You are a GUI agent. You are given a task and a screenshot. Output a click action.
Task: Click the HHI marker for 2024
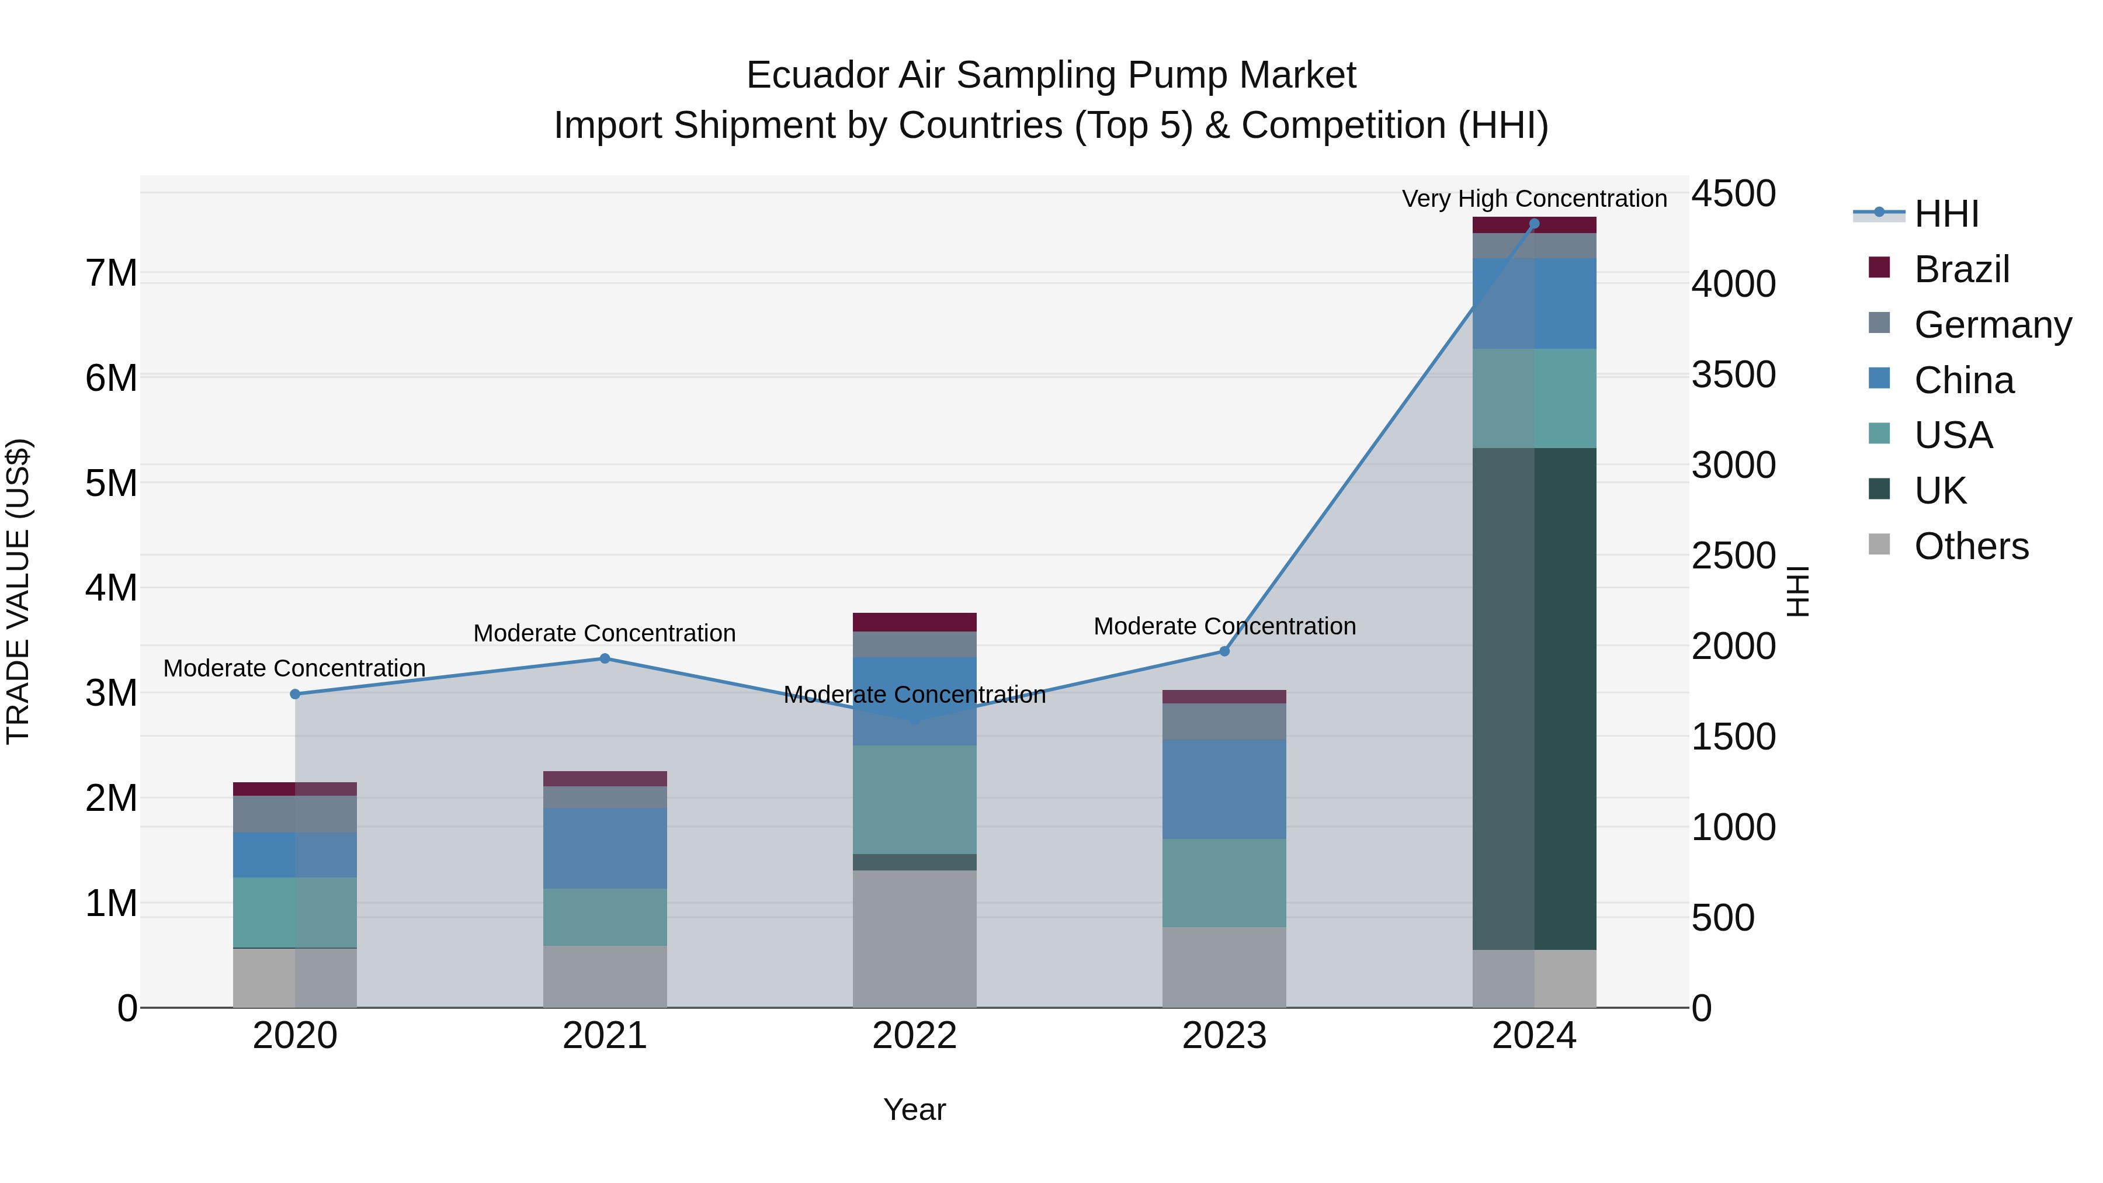pyautogui.click(x=1534, y=224)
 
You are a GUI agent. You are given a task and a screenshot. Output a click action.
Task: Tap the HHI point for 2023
pyautogui.click(x=1224, y=651)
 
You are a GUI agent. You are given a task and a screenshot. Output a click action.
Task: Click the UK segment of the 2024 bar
pyautogui.click(x=1534, y=698)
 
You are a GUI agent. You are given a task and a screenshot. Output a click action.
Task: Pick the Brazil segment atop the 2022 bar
pyautogui.click(x=914, y=622)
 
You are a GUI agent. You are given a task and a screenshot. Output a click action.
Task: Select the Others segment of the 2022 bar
pyautogui.click(x=914, y=939)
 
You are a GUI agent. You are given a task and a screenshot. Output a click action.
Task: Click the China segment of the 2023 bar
pyautogui.click(x=1224, y=789)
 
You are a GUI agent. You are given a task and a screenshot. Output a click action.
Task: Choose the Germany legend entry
pyautogui.click(x=1992, y=325)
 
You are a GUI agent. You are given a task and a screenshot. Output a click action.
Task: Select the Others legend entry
pyautogui.click(x=1971, y=546)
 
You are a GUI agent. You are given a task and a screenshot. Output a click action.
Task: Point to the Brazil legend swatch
pyautogui.click(x=1879, y=268)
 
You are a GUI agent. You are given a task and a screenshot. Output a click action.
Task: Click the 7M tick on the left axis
pyautogui.click(x=111, y=273)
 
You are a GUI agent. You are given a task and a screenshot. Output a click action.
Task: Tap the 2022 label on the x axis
pyautogui.click(x=914, y=1036)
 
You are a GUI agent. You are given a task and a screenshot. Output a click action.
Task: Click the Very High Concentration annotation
pyautogui.click(x=1534, y=199)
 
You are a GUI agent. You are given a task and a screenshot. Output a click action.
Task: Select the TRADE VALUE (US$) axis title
pyautogui.click(x=18, y=591)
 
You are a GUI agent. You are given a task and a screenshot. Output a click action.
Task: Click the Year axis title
pyautogui.click(x=914, y=1109)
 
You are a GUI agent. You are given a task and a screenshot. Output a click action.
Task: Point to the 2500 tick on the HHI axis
pyautogui.click(x=1733, y=556)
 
